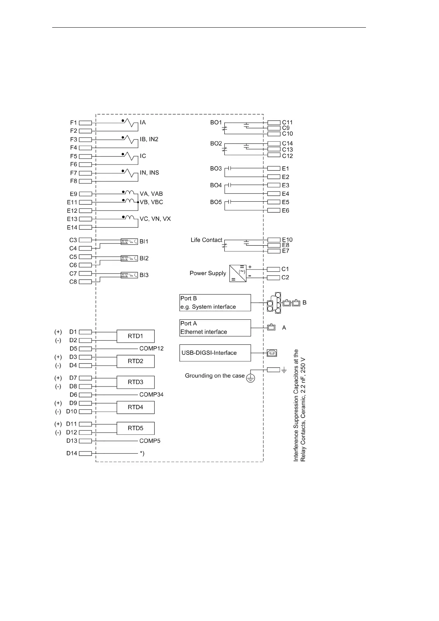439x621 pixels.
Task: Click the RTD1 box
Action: pos(135,336)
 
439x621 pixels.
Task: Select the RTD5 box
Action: pos(135,428)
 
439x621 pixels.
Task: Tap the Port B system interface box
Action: pos(215,303)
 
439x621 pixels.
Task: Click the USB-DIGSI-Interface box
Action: pos(215,353)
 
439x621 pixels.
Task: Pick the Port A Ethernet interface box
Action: pos(215,328)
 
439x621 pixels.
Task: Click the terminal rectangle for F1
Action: pos(85,123)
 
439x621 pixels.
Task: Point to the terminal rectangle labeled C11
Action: pos(274,122)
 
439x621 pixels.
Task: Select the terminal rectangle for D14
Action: pos(85,454)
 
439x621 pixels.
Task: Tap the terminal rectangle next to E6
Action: pos(274,211)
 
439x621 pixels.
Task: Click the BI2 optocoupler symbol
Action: pos(129,259)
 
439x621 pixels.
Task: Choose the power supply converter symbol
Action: pos(238,273)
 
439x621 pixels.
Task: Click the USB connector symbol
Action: pos(272,353)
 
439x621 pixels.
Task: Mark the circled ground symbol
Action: pos(250,378)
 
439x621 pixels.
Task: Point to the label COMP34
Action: pos(151,395)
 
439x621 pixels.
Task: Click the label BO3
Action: pos(216,169)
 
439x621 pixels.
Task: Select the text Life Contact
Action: pos(206,240)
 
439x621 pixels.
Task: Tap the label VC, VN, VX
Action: pos(155,219)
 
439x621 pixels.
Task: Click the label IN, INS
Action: pos(149,173)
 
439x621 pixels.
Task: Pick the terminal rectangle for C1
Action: pos(273,270)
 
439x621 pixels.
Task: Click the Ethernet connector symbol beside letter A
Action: pos(271,327)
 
